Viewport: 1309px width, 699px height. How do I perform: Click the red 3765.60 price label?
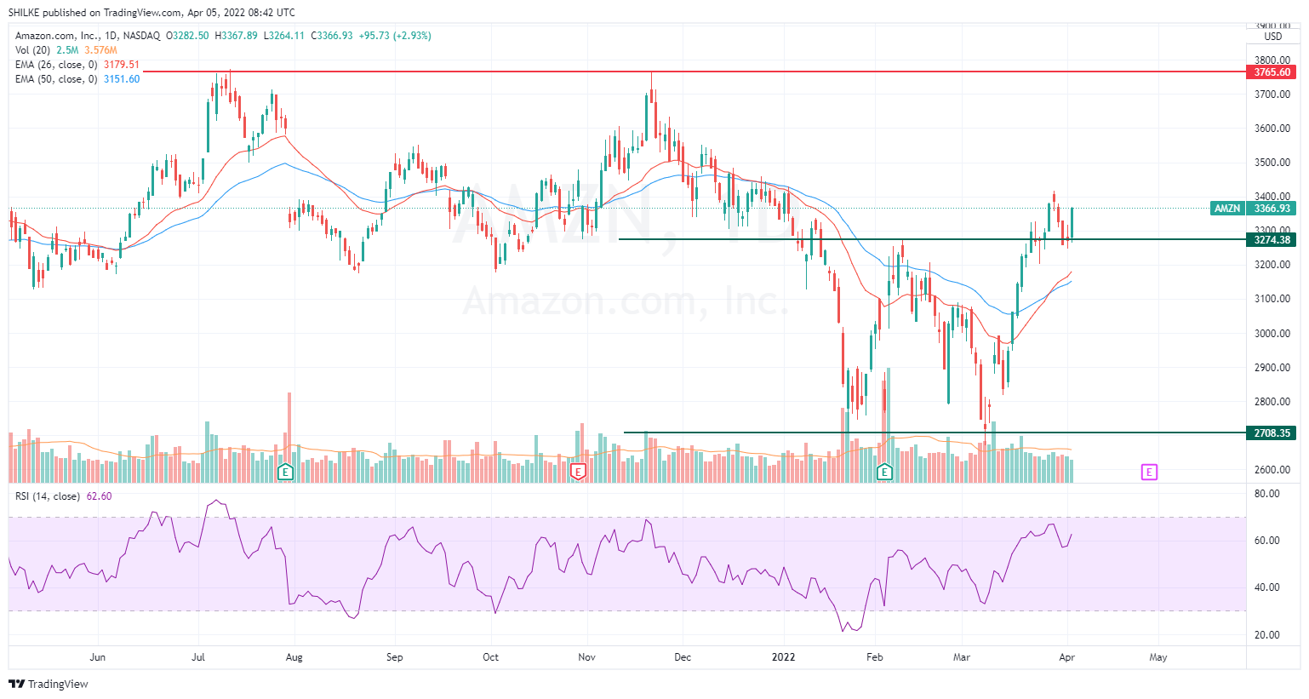(1272, 72)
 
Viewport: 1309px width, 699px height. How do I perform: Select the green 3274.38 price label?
(1272, 240)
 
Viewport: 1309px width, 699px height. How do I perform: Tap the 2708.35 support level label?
(1272, 433)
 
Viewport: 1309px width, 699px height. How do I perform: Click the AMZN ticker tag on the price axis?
(1227, 209)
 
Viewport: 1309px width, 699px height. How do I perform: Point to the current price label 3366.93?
(1272, 209)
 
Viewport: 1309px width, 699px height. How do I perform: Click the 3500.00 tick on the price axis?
(1272, 163)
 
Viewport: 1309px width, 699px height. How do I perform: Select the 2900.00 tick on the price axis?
(1272, 368)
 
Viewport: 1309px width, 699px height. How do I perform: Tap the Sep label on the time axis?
(394, 657)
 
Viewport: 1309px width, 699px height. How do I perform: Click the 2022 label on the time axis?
(783, 657)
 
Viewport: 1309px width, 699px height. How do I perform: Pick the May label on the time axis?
(1158, 657)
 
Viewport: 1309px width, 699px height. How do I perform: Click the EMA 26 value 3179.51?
(122, 65)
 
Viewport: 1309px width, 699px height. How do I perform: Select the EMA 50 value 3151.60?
(122, 79)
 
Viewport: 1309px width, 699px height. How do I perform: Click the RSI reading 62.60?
(100, 496)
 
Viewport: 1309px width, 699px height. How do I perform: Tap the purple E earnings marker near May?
(1149, 472)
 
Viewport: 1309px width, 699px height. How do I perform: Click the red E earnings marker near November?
(578, 472)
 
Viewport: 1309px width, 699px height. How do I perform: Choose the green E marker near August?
(286, 472)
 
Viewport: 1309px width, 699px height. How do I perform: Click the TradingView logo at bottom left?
(49, 684)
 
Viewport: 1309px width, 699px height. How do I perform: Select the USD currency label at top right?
(1272, 37)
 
